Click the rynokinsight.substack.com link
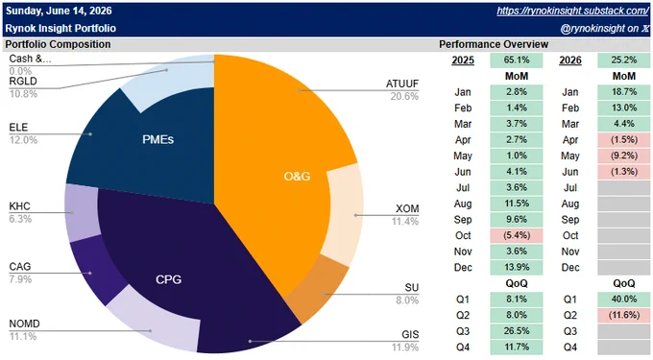click(572, 11)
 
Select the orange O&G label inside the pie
click(297, 177)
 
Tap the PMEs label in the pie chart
click(157, 139)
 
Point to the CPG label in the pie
click(169, 279)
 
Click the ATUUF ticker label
click(401, 84)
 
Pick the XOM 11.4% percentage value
click(405, 222)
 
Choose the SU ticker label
click(411, 288)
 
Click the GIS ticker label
click(410, 335)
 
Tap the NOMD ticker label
click(25, 324)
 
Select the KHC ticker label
click(19, 206)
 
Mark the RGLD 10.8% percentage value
click(23, 94)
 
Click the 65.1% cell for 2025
click(517, 60)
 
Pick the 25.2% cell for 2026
click(623, 60)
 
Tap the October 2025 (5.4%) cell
click(517, 235)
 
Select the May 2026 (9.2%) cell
click(623, 156)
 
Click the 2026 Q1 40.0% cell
click(623, 300)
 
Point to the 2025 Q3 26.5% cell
click(517, 331)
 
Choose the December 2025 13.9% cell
click(517, 267)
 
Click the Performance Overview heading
click(494, 44)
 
